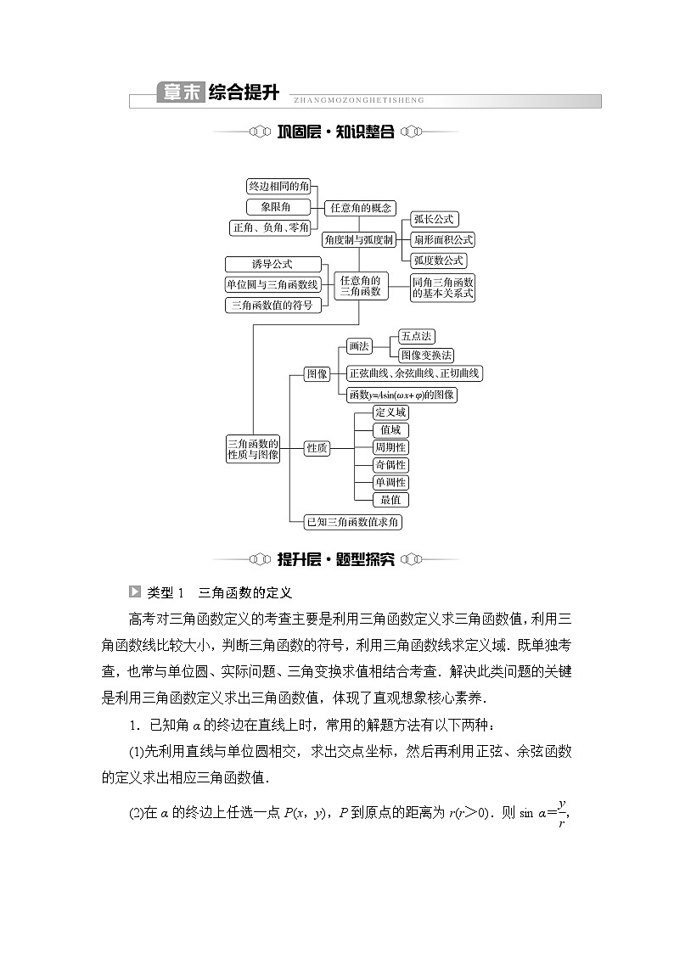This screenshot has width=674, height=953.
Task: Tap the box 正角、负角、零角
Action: [271, 227]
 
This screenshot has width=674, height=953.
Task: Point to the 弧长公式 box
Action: [434, 220]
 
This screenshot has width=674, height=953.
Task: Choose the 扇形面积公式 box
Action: [442, 240]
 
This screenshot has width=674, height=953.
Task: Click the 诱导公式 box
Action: [272, 265]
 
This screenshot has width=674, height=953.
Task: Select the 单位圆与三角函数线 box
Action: [272, 285]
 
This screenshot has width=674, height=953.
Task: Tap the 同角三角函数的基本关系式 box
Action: [442, 287]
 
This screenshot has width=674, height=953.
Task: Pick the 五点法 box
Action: [416, 337]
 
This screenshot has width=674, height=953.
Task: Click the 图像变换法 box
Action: [426, 355]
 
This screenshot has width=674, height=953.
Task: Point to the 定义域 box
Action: [390, 412]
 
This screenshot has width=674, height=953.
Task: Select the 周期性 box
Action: [390, 447]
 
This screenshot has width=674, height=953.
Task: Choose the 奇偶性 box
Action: [390, 465]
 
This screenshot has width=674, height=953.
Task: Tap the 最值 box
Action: [390, 500]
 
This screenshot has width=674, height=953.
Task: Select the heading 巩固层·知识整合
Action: [336, 132]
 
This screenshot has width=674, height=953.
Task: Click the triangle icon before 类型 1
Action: [134, 591]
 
